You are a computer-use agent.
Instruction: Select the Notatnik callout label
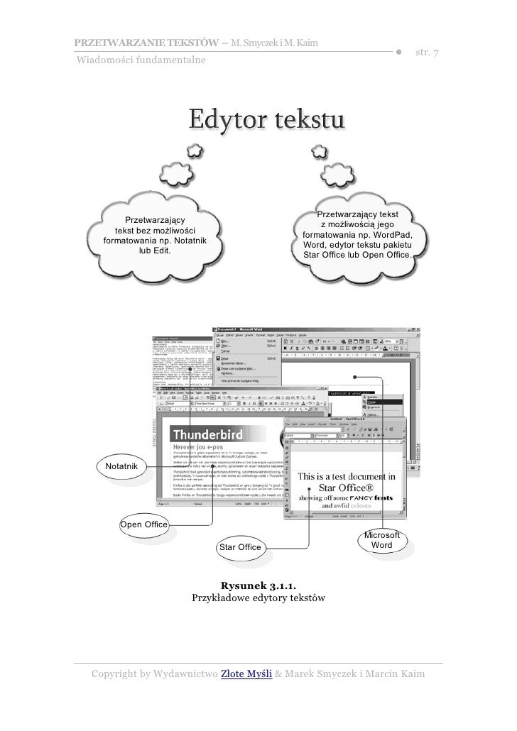click(126, 466)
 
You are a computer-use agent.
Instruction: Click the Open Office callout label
click(143, 525)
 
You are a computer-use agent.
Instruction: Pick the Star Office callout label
click(240, 547)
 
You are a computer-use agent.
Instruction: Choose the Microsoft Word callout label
click(382, 540)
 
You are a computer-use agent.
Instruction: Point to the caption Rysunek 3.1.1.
click(258, 586)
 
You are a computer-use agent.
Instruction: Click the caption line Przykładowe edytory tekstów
click(258, 599)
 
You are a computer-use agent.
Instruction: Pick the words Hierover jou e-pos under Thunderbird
click(204, 449)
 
